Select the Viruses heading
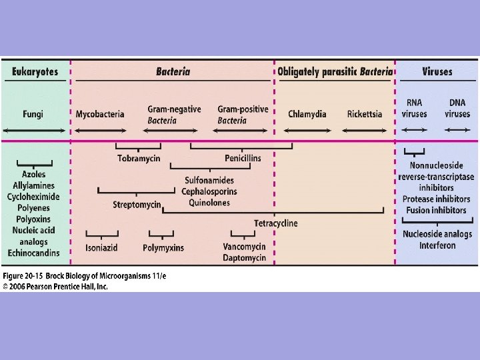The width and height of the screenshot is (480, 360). point(437,71)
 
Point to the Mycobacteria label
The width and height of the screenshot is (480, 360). point(100,114)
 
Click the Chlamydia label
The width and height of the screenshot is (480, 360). point(307,114)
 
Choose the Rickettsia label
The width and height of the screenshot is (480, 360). point(365,114)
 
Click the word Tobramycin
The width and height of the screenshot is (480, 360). point(139,159)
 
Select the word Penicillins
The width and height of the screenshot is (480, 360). point(243,159)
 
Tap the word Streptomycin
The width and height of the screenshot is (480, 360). point(137,205)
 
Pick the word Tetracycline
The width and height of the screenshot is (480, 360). point(275,223)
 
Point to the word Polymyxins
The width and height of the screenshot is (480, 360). point(163,248)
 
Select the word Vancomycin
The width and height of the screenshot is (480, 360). point(244,247)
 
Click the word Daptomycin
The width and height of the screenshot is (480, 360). point(244,258)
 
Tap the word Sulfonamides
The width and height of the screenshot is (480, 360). point(209,181)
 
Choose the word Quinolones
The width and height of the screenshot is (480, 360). point(209,203)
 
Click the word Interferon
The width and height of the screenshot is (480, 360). point(437,245)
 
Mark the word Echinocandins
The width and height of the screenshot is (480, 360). point(33,253)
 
